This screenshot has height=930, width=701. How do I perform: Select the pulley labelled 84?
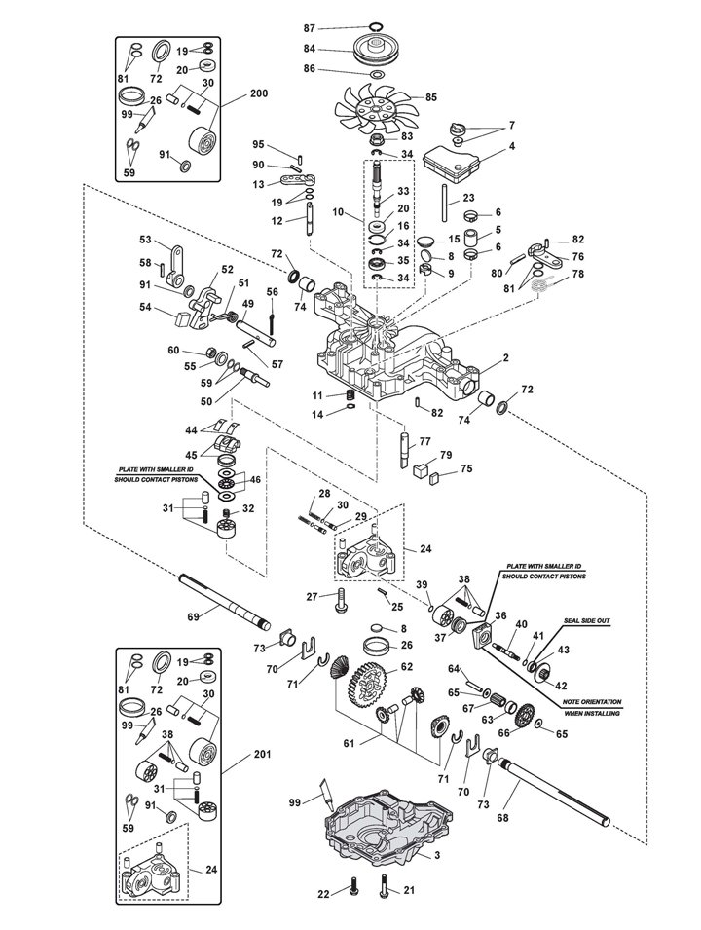tap(372, 51)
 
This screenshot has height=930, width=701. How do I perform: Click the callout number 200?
tap(258, 94)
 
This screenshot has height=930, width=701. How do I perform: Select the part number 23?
tap(468, 199)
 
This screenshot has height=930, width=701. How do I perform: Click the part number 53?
tap(145, 240)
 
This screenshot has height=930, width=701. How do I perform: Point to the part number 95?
tap(259, 145)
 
